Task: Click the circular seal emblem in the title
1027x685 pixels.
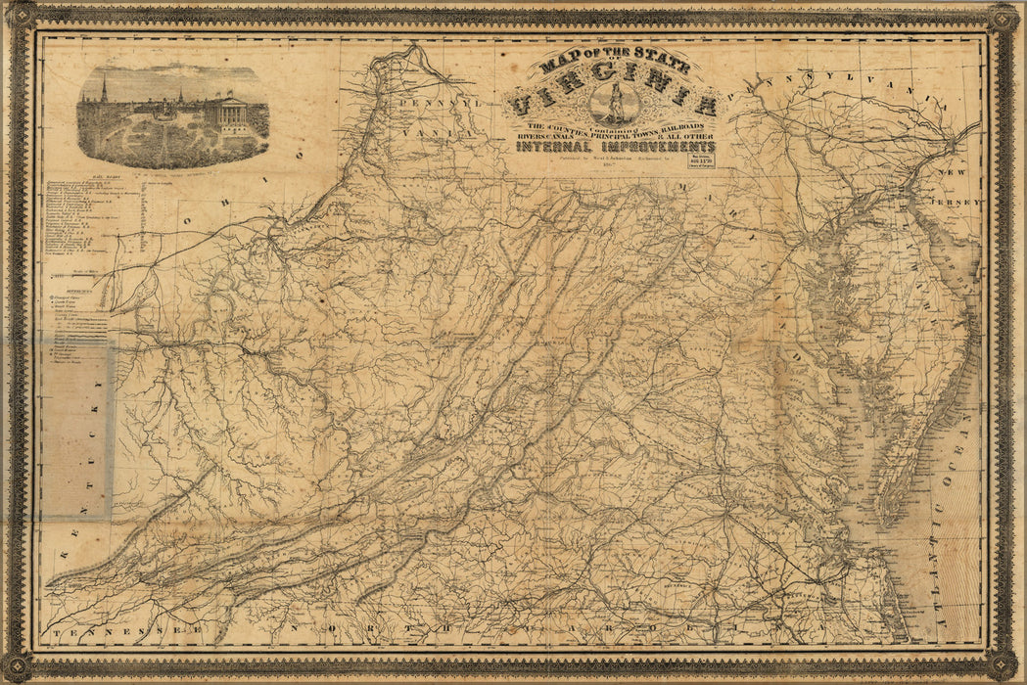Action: click(615, 104)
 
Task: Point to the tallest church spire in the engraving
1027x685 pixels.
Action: click(103, 92)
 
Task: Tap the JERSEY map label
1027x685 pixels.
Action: click(961, 201)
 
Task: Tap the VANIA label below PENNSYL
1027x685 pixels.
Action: click(453, 130)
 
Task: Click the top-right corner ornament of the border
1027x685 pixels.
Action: click(1002, 19)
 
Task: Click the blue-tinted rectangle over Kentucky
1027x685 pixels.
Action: click(77, 431)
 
